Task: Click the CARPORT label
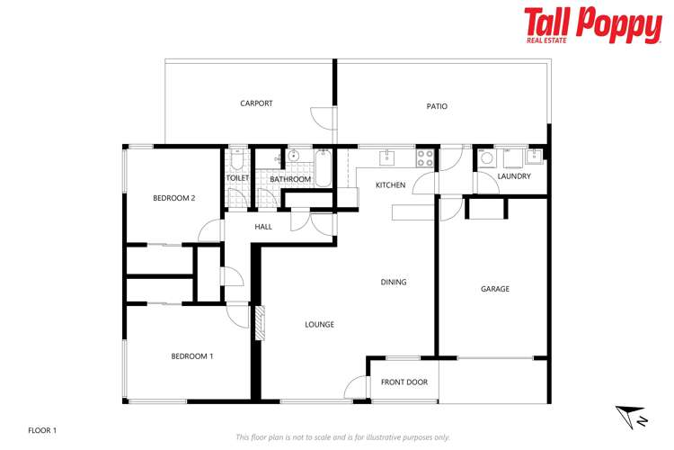click(256, 103)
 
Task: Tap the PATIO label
click(437, 106)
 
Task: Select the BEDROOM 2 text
click(173, 198)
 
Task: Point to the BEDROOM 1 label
click(192, 356)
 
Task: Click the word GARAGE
click(494, 289)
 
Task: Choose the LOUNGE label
click(319, 325)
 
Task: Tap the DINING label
click(394, 282)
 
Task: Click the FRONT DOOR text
click(404, 382)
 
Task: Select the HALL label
click(263, 227)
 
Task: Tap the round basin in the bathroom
click(293, 156)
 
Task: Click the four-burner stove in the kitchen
click(425, 157)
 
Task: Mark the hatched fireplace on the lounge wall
click(260, 323)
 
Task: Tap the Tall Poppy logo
click(592, 25)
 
